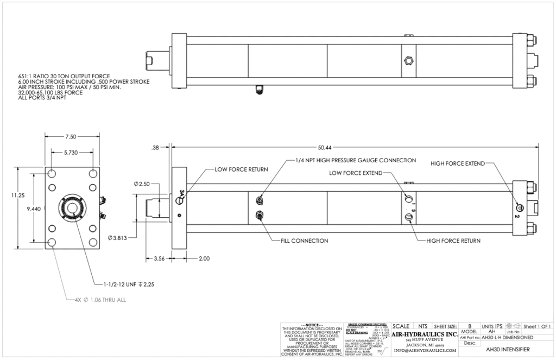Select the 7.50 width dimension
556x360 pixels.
pyautogui.click(x=71, y=137)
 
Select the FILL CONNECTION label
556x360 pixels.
pyautogui.click(x=304, y=240)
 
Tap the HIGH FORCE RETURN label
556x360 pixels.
pyautogui.click(x=453, y=240)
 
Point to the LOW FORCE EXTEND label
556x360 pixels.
pyautogui.click(x=356, y=173)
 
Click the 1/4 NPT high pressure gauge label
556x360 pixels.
pyautogui.click(x=355, y=160)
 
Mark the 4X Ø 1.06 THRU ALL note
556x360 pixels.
pyautogui.click(x=96, y=299)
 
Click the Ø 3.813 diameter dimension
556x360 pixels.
pyautogui.click(x=118, y=237)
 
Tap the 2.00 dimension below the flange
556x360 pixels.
pyautogui.click(x=204, y=258)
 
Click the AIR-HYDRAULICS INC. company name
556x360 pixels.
pyautogui.click(x=425, y=334)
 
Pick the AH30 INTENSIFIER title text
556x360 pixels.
pyautogui.click(x=505, y=350)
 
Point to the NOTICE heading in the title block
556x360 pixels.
pyautogui.click(x=311, y=324)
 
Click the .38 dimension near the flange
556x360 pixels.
pyautogui.click(x=156, y=147)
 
